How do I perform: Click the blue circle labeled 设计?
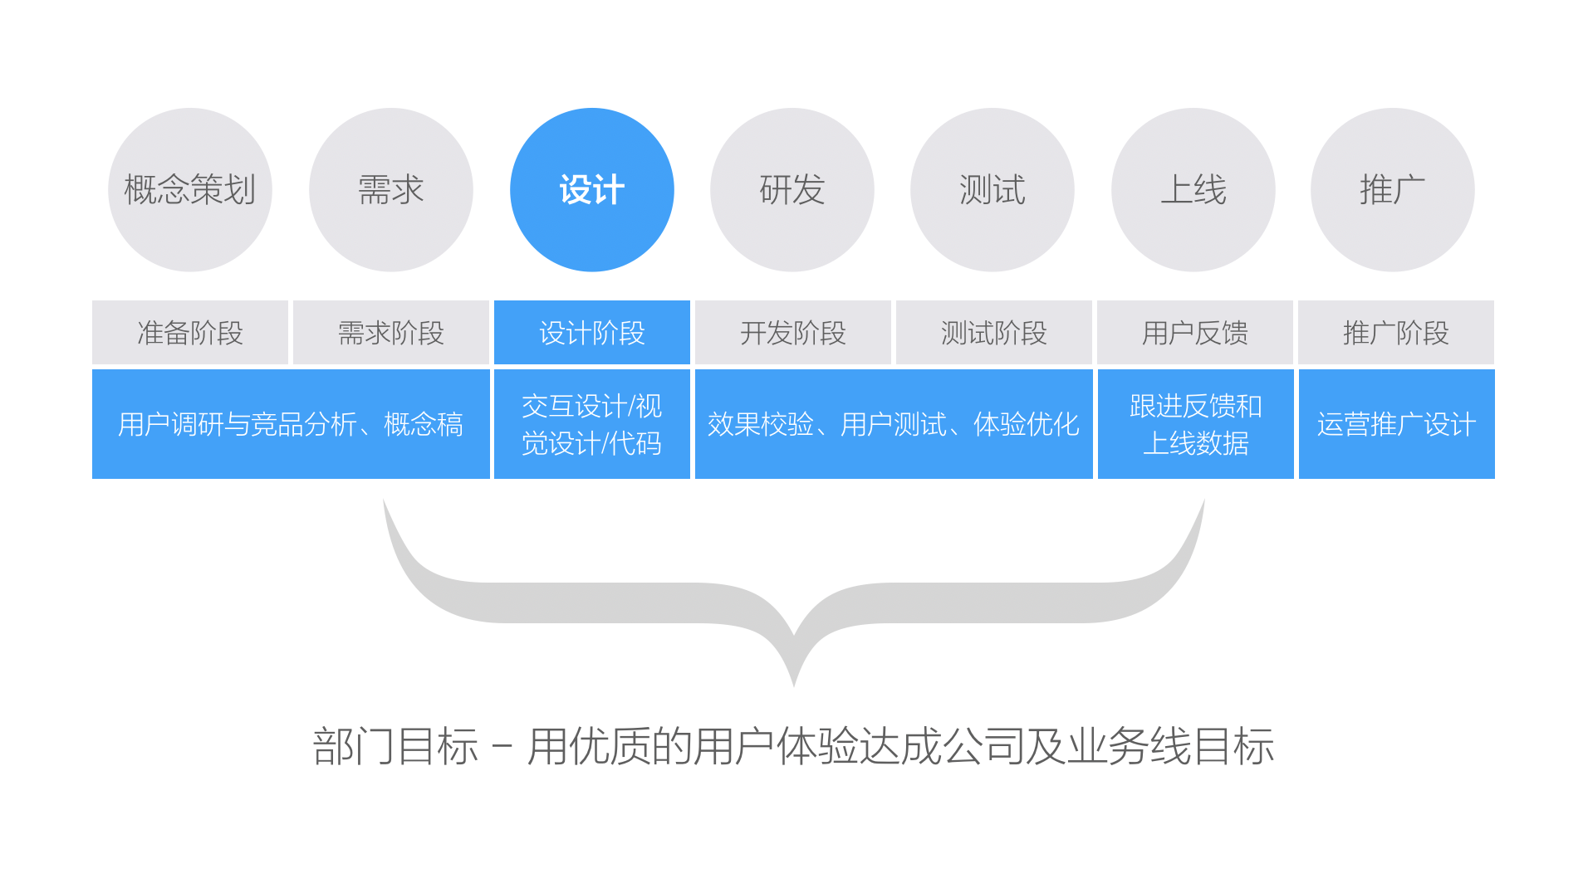(591, 190)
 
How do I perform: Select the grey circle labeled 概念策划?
(190, 190)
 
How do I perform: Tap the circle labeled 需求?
(390, 190)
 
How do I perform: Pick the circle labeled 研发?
(792, 190)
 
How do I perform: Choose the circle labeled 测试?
(992, 190)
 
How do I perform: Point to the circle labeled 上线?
(1193, 190)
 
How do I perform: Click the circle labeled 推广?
(1392, 190)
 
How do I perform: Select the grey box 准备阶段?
(190, 333)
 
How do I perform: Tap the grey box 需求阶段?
(390, 333)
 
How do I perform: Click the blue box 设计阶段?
(591, 333)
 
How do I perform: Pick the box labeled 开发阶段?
(792, 333)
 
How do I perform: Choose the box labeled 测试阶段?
(993, 333)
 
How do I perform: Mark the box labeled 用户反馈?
(1194, 333)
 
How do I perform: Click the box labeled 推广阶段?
(1395, 333)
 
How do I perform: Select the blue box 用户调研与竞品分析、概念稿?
(291, 424)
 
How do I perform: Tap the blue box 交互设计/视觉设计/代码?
(591, 424)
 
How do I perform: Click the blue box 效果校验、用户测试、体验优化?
(894, 424)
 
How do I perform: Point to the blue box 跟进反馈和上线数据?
(1195, 424)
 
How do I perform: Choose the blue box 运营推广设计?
(1396, 424)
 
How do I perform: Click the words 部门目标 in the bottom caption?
(395, 746)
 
